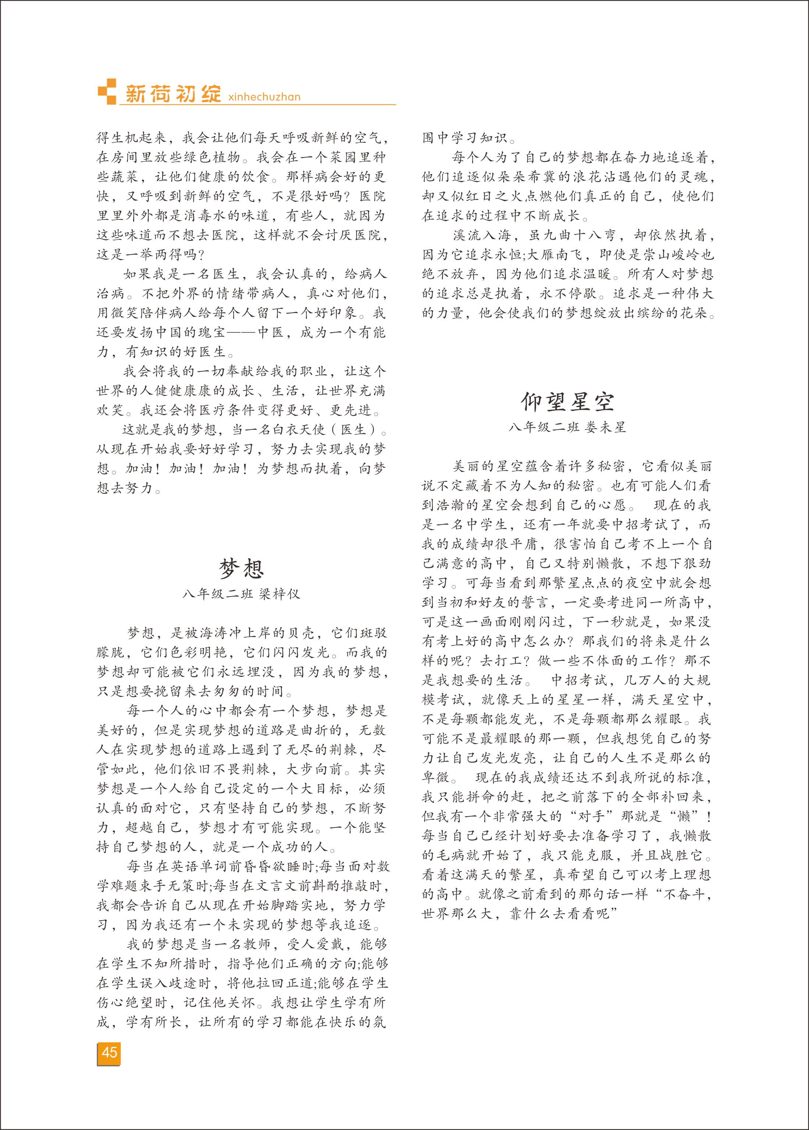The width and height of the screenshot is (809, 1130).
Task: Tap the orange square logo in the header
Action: coord(107,92)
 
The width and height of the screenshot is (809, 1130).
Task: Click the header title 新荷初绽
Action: coord(173,94)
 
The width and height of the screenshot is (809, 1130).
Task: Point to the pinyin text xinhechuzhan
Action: coord(263,97)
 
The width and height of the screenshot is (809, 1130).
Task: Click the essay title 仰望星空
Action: coord(567,402)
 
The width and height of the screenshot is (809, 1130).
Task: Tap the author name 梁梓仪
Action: coord(280,594)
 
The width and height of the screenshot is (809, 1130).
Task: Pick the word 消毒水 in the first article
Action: coord(213,215)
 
